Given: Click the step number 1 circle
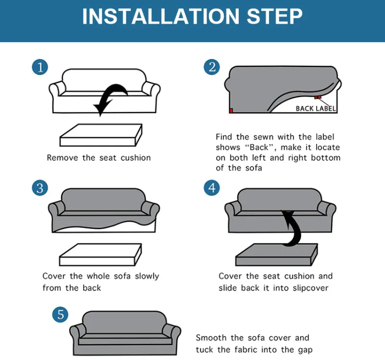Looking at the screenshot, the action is point(40,67).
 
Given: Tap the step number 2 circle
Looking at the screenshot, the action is point(212,67).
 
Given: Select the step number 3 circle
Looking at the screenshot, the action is point(40,188).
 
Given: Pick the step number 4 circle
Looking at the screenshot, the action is point(212,188).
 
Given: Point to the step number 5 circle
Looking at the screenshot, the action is point(61,315).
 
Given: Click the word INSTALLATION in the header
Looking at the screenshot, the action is point(161,16).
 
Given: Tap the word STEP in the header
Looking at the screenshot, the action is point(274,16).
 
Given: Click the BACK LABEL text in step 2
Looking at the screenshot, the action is point(316,108).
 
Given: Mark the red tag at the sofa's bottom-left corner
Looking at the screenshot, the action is point(231,110).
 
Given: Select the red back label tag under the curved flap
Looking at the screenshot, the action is point(318,98).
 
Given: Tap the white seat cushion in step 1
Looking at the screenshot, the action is point(101,135).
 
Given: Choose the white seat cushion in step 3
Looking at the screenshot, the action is point(101,255).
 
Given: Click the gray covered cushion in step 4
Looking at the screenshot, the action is point(277,255).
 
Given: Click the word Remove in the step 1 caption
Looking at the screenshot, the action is point(62,158).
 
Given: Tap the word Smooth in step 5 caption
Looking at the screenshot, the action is point(211,337).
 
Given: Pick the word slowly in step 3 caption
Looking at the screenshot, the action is point(147,276).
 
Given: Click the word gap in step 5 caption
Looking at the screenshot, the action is point(305,350).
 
